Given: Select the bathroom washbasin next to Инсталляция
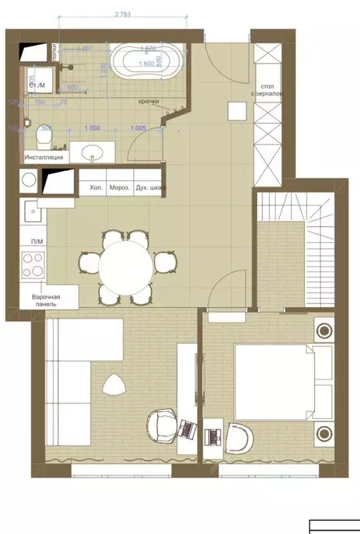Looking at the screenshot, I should (x=93, y=151).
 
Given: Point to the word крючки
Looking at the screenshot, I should (x=149, y=102).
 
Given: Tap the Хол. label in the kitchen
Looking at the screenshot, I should (x=95, y=187).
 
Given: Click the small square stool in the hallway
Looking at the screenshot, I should (x=235, y=111).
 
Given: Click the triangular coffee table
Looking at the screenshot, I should (x=114, y=384).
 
